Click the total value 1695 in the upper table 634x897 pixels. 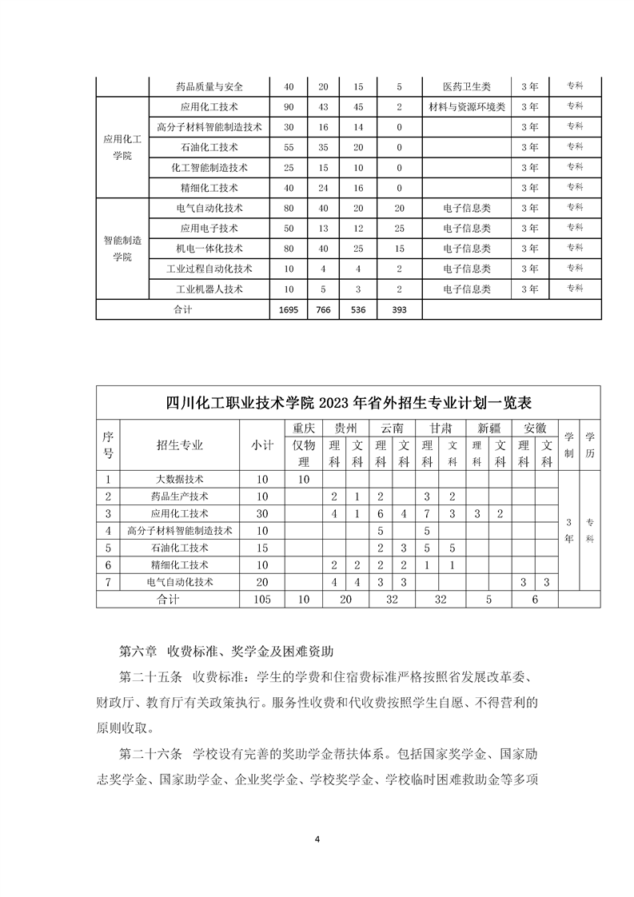(289, 309)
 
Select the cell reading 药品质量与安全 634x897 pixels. (209, 86)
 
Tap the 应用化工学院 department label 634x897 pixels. (122, 147)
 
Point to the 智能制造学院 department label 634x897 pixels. (122, 248)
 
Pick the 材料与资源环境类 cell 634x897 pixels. (467, 106)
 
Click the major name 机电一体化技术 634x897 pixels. (209, 249)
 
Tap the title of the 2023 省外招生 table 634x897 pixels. (348, 401)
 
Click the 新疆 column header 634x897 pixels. (489, 428)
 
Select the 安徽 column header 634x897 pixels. (536, 428)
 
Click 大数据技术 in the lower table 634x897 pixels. (179, 480)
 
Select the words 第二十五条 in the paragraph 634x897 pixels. (150, 678)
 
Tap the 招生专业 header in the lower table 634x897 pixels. (179, 446)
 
